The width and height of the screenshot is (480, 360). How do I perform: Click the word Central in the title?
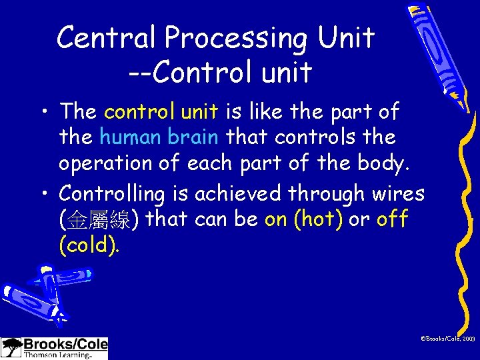(x=107, y=38)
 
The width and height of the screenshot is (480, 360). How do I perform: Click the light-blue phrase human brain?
(x=159, y=137)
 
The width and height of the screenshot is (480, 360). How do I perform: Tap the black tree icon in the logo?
(x=11, y=347)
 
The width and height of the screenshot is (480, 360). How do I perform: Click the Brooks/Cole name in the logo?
(x=65, y=345)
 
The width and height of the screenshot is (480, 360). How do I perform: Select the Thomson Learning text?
(x=57, y=355)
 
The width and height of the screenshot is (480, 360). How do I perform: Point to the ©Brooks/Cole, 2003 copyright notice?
(x=447, y=339)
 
